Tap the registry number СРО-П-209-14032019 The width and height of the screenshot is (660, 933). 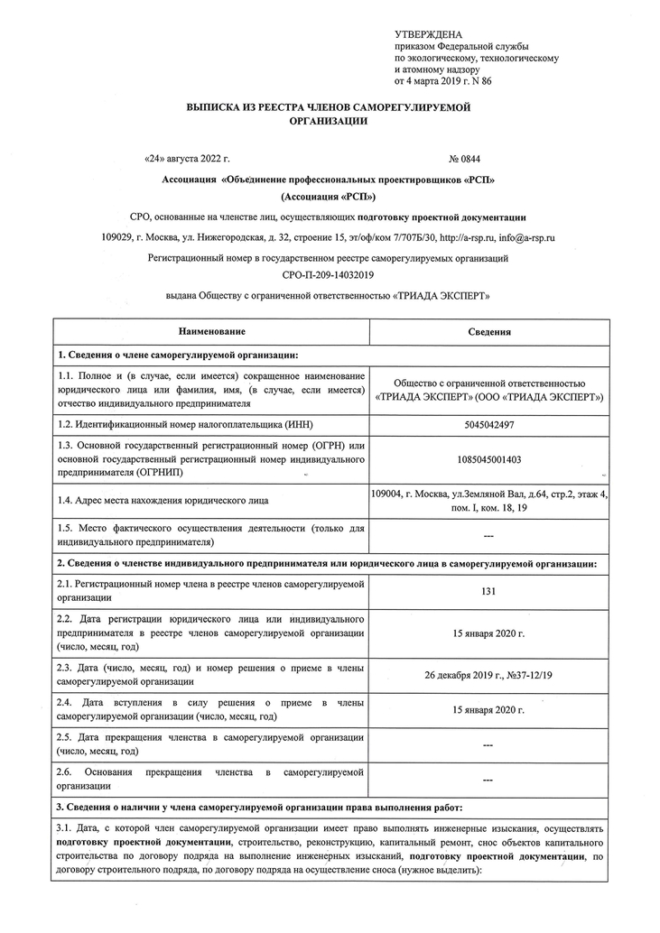pyautogui.click(x=328, y=276)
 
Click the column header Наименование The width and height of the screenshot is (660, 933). pyautogui.click(x=211, y=331)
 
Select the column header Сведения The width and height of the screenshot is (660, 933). pyautogui.click(x=488, y=331)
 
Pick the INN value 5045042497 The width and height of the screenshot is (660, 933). pyautogui.click(x=488, y=423)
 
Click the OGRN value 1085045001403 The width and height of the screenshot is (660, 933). pyautogui.click(x=488, y=458)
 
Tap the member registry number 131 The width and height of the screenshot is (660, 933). pyautogui.click(x=488, y=592)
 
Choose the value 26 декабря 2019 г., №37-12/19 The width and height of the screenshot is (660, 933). pyautogui.click(x=488, y=673)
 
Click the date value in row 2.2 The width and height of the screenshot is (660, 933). pyautogui.click(x=488, y=633)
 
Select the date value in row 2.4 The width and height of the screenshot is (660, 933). pyautogui.click(x=488, y=710)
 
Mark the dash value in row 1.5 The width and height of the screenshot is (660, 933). pyautogui.click(x=488, y=536)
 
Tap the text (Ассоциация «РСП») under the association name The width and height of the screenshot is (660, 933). pyautogui.click(x=328, y=197)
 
